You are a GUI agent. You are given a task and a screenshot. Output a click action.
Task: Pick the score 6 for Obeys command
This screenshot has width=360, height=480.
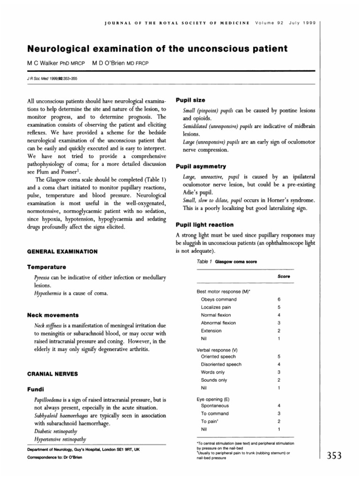tap(278, 299)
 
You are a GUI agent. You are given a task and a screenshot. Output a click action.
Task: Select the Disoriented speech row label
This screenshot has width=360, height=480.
tap(221, 364)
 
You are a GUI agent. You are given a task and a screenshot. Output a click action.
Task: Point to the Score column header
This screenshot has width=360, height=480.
tap(283, 277)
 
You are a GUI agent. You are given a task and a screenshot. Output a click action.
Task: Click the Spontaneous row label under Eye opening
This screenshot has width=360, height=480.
tap(215, 405)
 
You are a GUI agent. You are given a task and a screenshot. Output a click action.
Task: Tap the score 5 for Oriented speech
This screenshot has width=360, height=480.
tap(278, 356)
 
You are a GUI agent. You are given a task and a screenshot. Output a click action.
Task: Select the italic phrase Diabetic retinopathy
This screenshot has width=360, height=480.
tap(55, 431)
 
